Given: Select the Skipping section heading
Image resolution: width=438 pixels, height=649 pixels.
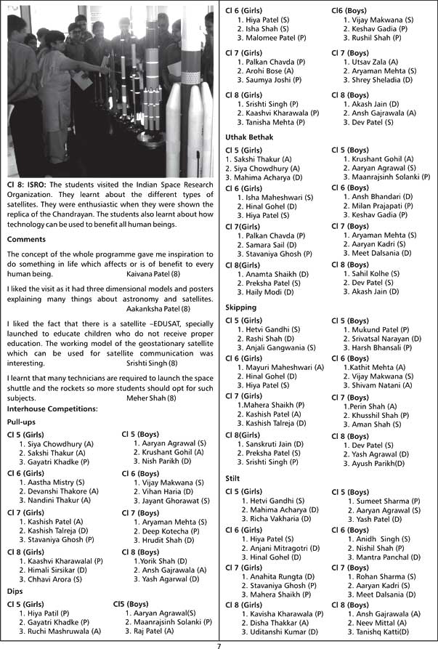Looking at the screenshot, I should click(241, 307).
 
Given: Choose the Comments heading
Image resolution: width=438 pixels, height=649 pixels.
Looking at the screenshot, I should click(26, 239).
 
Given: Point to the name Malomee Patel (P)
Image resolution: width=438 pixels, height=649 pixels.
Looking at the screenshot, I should click(272, 37).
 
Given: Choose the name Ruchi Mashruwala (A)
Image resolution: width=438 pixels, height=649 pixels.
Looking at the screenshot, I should click(60, 631).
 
